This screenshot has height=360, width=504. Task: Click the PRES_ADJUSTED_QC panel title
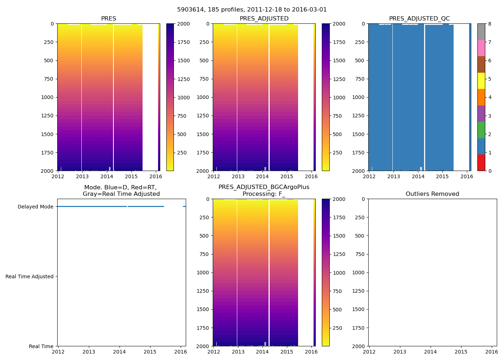tap(419, 19)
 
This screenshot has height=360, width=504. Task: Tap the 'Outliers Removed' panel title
tap(432, 194)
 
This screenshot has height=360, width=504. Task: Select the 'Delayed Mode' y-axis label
tap(35, 207)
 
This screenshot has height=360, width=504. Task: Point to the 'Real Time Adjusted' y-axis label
tap(30, 276)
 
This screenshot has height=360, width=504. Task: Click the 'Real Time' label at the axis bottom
tap(41, 346)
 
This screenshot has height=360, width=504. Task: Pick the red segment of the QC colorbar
tap(481, 163)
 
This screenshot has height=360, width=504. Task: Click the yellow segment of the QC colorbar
tap(481, 81)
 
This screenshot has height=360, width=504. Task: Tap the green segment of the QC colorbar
tap(481, 130)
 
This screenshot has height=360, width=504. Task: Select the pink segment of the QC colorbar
tap(481, 48)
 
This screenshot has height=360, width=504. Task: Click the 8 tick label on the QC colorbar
tap(490, 24)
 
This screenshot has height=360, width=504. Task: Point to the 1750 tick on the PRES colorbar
tap(184, 42)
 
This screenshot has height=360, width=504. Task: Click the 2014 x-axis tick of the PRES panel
tap(107, 177)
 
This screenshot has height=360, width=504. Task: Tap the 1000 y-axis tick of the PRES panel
tap(48, 97)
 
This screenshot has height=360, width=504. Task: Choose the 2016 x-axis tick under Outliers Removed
tap(492, 352)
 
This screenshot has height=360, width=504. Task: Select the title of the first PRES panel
tap(108, 19)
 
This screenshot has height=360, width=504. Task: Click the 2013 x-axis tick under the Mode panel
tap(89, 352)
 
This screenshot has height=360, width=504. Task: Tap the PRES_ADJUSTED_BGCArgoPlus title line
tap(264, 187)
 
